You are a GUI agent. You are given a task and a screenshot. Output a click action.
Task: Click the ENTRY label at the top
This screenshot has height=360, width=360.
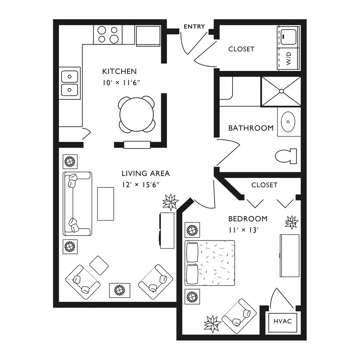pos(194,26)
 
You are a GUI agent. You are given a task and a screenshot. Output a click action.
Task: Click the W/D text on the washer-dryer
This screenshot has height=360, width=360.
pos(289,58)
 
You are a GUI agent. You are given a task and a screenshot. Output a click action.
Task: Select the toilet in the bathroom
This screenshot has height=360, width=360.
pos(286,156)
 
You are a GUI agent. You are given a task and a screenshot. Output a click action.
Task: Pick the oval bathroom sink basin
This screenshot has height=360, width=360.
pos(288,122)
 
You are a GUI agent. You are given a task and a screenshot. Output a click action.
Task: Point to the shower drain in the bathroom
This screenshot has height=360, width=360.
pos(282,91)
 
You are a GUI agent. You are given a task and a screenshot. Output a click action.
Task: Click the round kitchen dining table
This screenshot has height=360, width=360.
pos(136,114)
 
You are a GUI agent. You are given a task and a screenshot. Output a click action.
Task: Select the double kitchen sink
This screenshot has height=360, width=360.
pos(69,83)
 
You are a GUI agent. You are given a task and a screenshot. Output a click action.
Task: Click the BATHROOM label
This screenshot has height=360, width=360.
pos(251,128)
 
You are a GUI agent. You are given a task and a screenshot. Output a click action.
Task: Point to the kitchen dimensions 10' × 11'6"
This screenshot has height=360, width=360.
pos(121,83)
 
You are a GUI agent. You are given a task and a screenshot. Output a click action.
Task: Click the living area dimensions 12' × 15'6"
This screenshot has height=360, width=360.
pos(140,185)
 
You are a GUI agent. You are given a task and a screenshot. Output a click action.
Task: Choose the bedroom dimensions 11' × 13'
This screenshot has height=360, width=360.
pos(244,230)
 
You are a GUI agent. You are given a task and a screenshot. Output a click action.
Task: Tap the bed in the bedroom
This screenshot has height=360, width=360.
pos(210,263)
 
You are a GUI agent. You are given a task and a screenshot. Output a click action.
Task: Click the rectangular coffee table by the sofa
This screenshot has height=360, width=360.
pos(105,204)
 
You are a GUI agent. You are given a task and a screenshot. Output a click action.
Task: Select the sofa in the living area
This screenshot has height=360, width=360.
pos(77,204)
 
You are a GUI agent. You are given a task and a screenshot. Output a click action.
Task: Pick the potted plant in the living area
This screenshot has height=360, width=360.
pos(170,202)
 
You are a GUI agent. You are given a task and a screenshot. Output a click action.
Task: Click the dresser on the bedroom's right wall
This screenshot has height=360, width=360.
pos(289,256)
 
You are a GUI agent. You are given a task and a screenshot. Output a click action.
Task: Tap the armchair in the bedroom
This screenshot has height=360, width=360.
pos(239,316)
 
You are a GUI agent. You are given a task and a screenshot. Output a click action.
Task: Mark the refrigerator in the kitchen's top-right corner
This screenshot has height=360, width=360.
pos(148,36)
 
